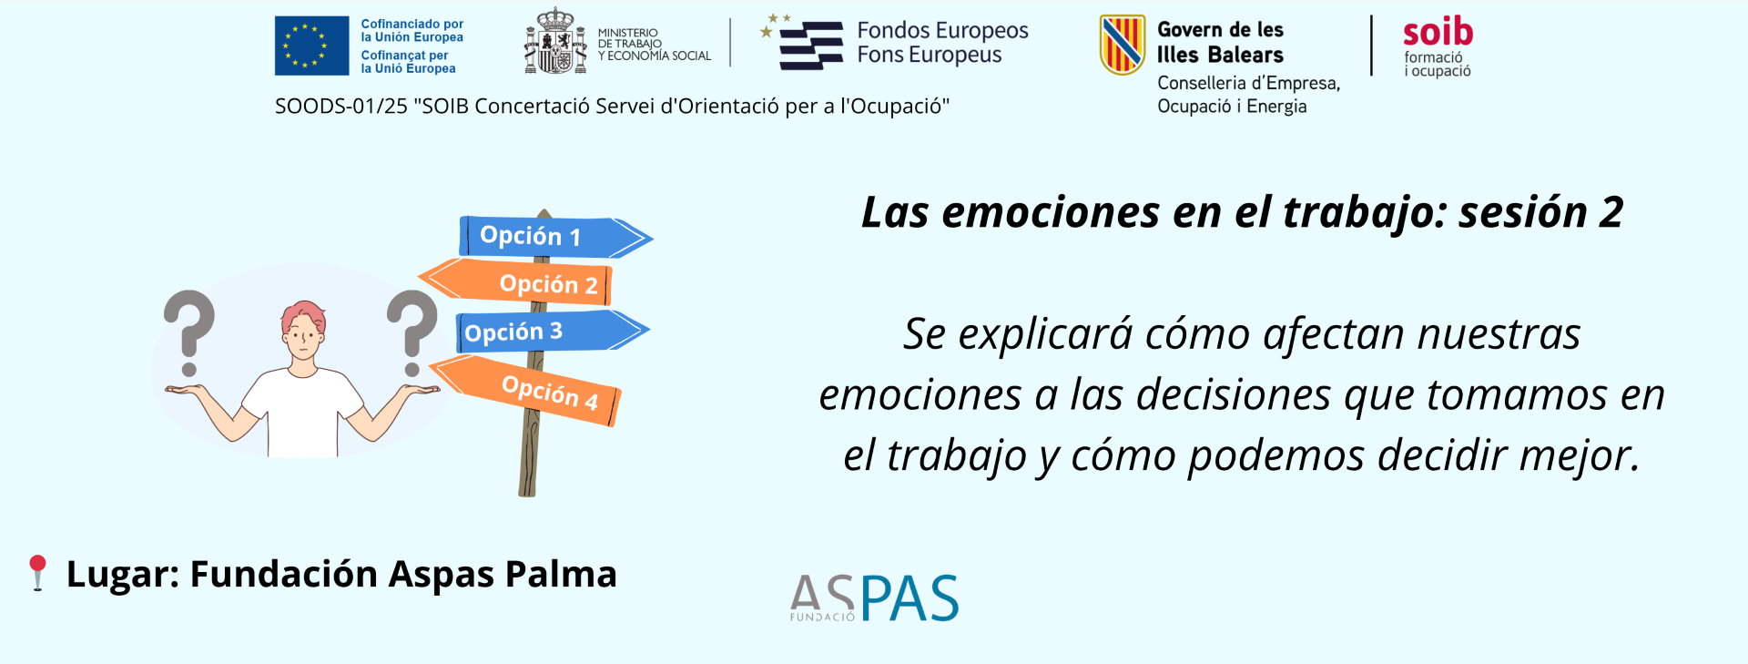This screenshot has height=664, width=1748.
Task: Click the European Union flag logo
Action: [311, 46]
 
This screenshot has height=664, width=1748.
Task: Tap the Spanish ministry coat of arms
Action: [555, 41]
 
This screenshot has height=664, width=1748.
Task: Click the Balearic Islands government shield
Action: [1122, 45]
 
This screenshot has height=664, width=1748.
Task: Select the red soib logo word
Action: [1438, 32]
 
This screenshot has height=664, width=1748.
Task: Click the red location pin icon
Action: [37, 573]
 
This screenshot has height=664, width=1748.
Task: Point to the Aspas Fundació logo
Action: [874, 598]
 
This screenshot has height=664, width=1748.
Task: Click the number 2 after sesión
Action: [1611, 213]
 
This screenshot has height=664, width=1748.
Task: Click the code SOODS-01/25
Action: [341, 107]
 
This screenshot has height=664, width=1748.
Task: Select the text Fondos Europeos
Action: [942, 31]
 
